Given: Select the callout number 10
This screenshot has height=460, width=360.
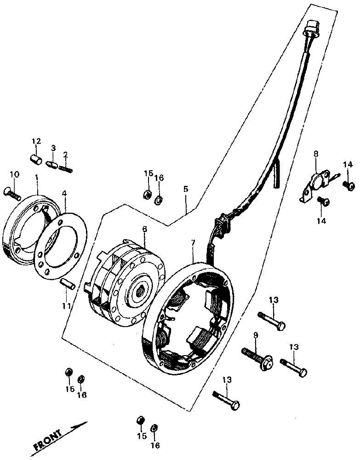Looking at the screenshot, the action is click(15, 174).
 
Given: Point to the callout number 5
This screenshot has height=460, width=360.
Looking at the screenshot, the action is click(186, 189).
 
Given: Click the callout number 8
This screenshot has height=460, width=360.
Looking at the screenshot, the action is click(316, 154).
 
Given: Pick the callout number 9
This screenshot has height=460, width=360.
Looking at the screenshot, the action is click(255, 335).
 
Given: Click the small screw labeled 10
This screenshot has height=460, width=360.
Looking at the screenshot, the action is click(12, 193).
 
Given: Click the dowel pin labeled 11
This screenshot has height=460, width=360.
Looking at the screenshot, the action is click(68, 284).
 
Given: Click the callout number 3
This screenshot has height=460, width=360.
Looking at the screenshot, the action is click(53, 148).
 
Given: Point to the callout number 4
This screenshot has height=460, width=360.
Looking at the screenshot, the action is click(64, 194).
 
